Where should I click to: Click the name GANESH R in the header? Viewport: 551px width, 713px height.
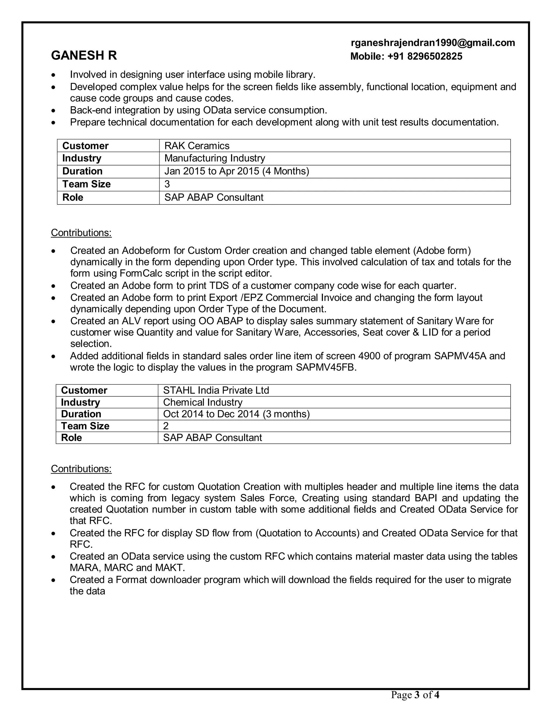(84, 55)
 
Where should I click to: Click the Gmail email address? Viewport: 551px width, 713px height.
(433, 43)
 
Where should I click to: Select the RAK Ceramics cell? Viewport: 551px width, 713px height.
(197, 146)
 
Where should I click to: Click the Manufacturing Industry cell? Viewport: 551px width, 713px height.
(214, 158)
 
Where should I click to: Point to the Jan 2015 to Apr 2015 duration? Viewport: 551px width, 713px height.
(236, 171)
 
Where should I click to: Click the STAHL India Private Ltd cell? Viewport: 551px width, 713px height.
(216, 390)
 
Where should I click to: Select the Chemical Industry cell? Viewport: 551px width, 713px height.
(202, 402)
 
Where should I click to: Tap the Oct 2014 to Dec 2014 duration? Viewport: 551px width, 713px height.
(236, 414)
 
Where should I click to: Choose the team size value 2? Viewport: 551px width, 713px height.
(166, 426)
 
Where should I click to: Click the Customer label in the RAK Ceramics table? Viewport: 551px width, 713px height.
(85, 146)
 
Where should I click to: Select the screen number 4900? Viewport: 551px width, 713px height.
(369, 356)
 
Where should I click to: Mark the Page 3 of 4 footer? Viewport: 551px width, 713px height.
(415, 695)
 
